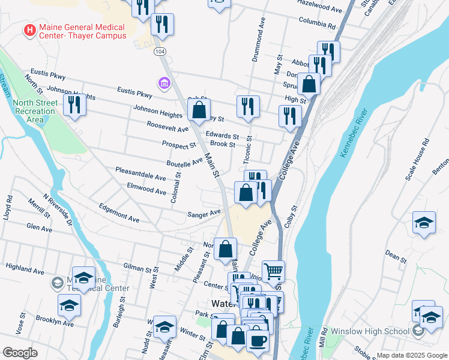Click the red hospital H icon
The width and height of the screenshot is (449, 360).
tap(28, 29)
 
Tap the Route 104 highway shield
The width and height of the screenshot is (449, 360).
tap(159, 52)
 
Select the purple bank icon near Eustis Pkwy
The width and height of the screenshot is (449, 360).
tap(163, 83)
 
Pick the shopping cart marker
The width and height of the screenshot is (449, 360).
tap(273, 272)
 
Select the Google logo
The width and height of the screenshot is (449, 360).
tap(20, 353)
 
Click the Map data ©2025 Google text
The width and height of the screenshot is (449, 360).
tap(411, 355)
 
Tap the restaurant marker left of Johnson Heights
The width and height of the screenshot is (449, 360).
tap(74, 105)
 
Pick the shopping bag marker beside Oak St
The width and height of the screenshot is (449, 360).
tap(199, 110)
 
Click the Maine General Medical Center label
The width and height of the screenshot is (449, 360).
tap(82, 31)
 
